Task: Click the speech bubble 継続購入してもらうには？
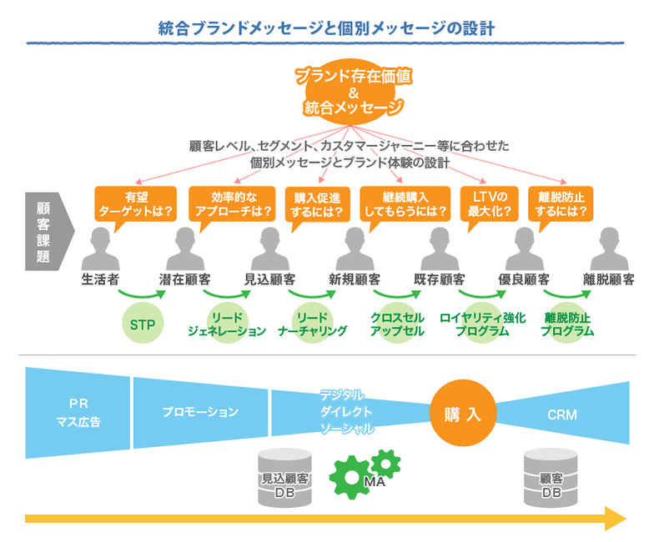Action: point(405,203)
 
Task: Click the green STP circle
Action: point(143,324)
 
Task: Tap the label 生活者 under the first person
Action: point(99,279)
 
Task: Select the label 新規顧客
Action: point(355,279)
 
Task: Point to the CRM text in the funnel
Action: point(562,414)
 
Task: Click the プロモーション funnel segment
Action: point(200,412)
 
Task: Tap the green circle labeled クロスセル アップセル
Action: point(397,324)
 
